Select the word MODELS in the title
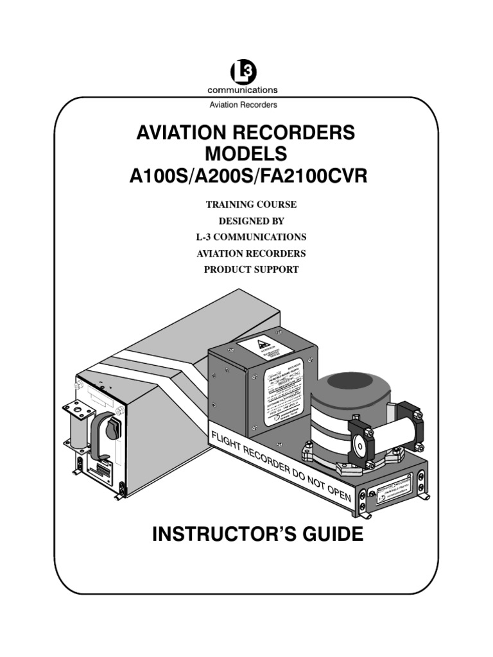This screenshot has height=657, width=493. click(246, 155)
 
